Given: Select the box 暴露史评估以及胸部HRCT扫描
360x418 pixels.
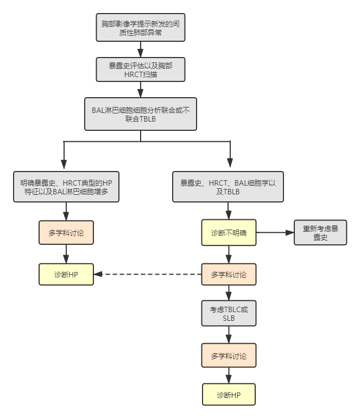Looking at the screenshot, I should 140,69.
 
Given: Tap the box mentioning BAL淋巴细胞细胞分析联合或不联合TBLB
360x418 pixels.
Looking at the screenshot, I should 140,114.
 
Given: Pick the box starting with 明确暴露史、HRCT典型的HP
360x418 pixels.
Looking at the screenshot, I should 66,187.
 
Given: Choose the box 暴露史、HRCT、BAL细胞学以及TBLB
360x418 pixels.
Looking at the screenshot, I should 228,187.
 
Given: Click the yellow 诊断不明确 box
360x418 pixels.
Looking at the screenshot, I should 228,233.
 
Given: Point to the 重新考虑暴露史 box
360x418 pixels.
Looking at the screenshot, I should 320,233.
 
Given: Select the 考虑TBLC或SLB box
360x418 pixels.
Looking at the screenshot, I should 228,313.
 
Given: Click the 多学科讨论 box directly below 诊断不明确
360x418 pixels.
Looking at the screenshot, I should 228,275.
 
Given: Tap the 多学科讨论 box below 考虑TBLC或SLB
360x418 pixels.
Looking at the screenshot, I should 228,356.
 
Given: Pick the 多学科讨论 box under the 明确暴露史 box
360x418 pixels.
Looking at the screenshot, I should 66,233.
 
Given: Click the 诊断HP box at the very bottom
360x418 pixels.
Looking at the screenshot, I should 228,395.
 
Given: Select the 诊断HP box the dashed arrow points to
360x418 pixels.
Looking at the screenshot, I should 66,275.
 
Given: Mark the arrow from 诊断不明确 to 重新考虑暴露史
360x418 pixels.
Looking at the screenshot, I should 275,233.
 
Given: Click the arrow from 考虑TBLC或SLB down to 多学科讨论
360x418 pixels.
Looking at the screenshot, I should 228,334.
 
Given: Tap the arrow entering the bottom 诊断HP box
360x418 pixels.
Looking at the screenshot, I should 228,376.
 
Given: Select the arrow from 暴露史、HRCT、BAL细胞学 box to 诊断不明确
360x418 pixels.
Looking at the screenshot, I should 228,211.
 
